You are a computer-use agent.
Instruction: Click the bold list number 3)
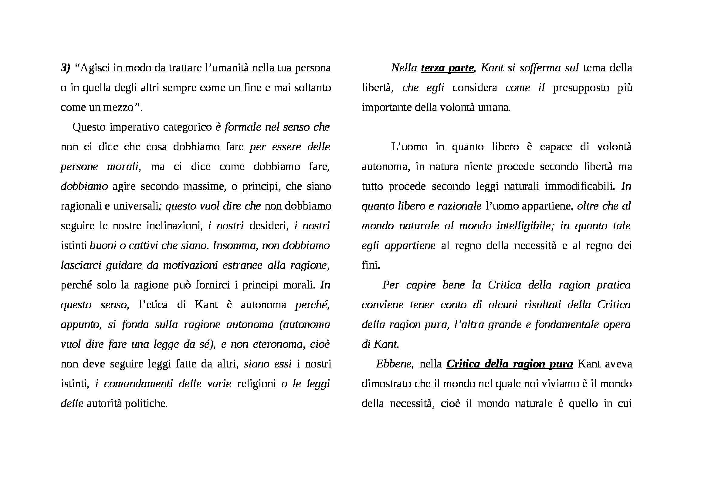click(66, 68)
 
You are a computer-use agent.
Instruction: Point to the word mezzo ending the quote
click(124, 108)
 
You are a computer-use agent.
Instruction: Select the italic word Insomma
click(235, 246)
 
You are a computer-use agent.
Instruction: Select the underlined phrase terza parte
click(447, 68)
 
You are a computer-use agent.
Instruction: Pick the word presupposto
click(581, 88)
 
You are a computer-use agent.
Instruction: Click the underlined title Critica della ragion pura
click(510, 364)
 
